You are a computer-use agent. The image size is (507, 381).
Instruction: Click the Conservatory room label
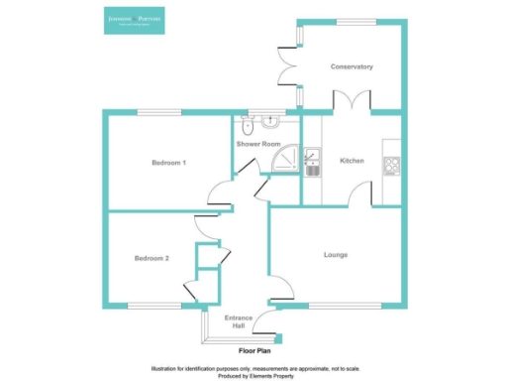pos(352,67)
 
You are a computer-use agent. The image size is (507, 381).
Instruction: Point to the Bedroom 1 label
pos(168,162)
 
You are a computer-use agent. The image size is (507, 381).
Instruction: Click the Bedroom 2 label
pos(152,258)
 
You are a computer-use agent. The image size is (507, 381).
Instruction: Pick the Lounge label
pos(335,255)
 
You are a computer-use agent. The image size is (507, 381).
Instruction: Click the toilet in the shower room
pos(249,126)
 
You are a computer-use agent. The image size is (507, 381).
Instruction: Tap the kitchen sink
pos(313,161)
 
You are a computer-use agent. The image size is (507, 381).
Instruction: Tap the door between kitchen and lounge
pos(360,197)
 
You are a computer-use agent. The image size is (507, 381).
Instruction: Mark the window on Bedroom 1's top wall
pos(151,111)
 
